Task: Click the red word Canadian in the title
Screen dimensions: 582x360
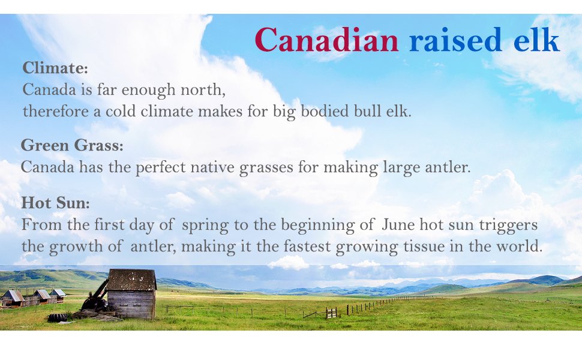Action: (326, 40)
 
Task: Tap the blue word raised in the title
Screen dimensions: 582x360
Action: (455, 40)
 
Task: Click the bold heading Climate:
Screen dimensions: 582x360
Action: (55, 68)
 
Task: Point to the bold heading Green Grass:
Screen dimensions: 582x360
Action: (72, 145)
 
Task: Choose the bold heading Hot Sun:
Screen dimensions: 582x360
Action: (56, 203)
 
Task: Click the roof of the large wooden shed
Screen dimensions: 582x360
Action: (132, 280)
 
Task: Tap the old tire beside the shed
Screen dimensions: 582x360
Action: (58, 317)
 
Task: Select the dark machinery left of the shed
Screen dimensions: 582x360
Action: (95, 297)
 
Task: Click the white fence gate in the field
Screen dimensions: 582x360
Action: (331, 313)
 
